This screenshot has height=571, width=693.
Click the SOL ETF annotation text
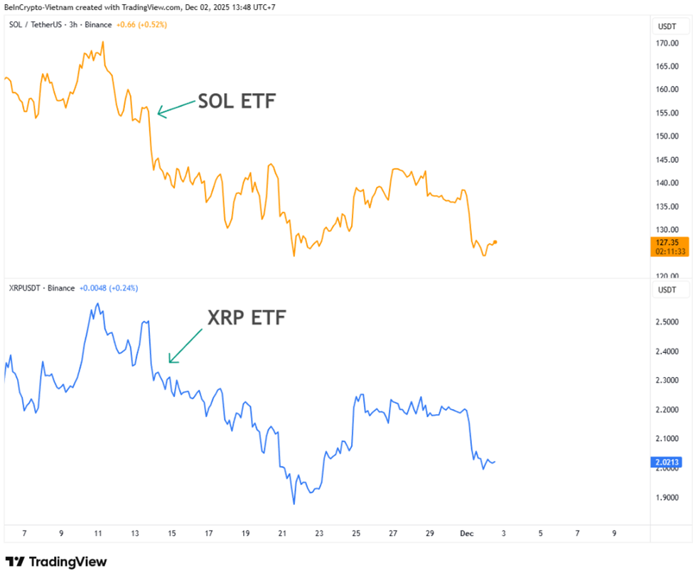coord(236,102)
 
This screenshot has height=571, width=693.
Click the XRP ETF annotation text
coord(246,317)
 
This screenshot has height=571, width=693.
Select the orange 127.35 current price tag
coord(669,246)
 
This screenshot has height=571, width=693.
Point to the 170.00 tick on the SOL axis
coord(667,43)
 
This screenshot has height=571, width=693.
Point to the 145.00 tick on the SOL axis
coord(667,160)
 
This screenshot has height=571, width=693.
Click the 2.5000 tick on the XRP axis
coord(667,322)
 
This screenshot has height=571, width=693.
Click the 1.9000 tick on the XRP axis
coord(667,497)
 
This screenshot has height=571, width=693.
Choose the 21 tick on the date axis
coord(282,533)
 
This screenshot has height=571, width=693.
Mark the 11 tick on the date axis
coord(98,533)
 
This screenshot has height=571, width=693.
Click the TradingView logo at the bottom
coord(56,562)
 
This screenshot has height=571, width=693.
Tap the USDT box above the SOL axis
coord(667,26)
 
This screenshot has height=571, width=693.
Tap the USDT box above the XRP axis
coord(667,290)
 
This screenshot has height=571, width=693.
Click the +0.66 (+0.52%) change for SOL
coord(142,25)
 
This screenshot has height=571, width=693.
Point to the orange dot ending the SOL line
coord(495,241)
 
